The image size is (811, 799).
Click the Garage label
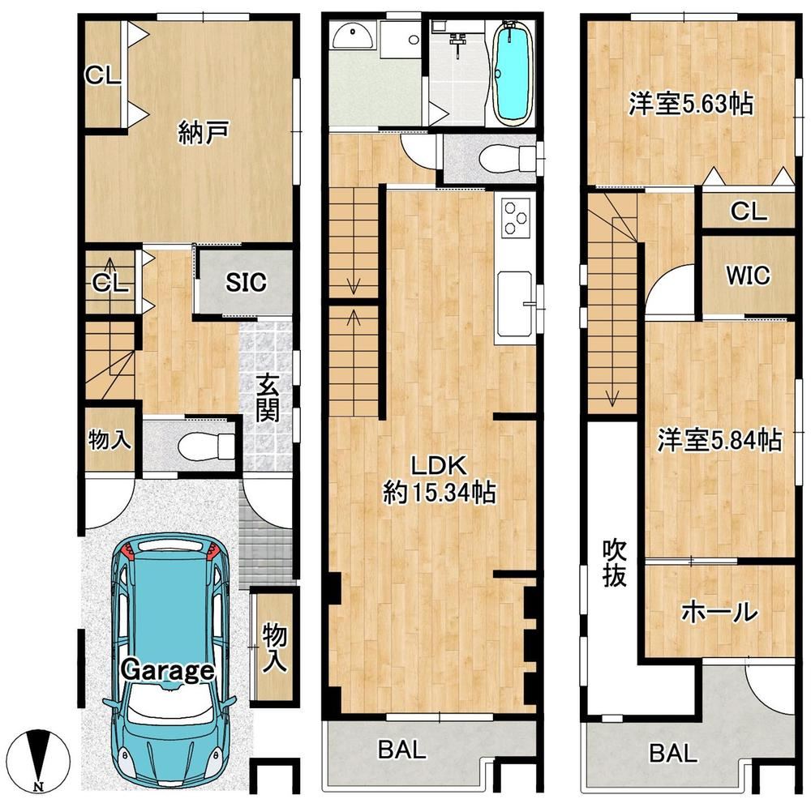click(167, 670)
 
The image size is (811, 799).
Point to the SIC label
click(246, 282)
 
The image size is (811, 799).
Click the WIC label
click(748, 276)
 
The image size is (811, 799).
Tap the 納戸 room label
click(203, 132)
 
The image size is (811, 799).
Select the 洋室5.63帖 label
click(691, 104)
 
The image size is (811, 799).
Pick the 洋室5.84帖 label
click(719, 440)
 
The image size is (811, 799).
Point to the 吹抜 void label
click(615, 563)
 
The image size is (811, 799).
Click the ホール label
click(719, 613)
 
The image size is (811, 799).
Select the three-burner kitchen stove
click(516, 219)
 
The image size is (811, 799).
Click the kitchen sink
click(515, 303)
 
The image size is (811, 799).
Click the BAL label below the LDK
click(402, 750)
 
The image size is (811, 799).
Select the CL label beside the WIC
click(749, 211)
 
